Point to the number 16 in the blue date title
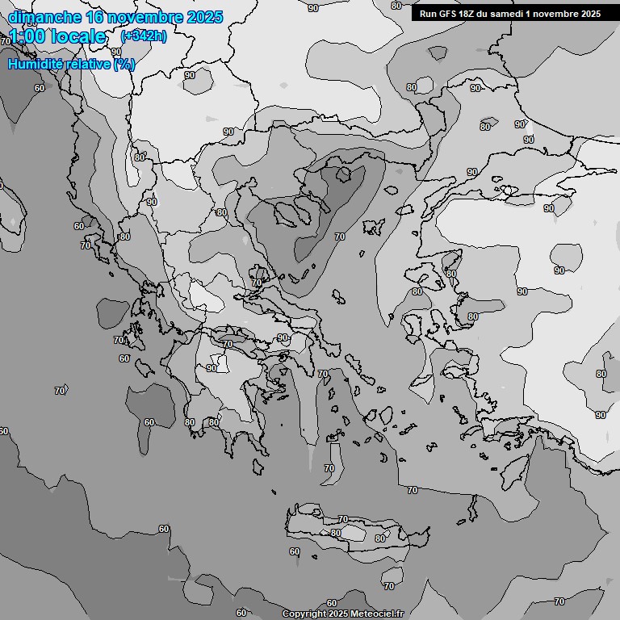(96, 17)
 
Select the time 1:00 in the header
(26, 36)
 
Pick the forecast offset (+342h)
(144, 36)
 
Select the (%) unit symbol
(124, 64)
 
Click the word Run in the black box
(429, 14)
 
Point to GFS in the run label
(450, 14)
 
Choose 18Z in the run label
(472, 14)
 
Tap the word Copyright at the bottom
(304, 614)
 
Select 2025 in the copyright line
(338, 614)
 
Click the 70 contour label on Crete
(343, 519)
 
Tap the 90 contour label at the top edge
(313, 8)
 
